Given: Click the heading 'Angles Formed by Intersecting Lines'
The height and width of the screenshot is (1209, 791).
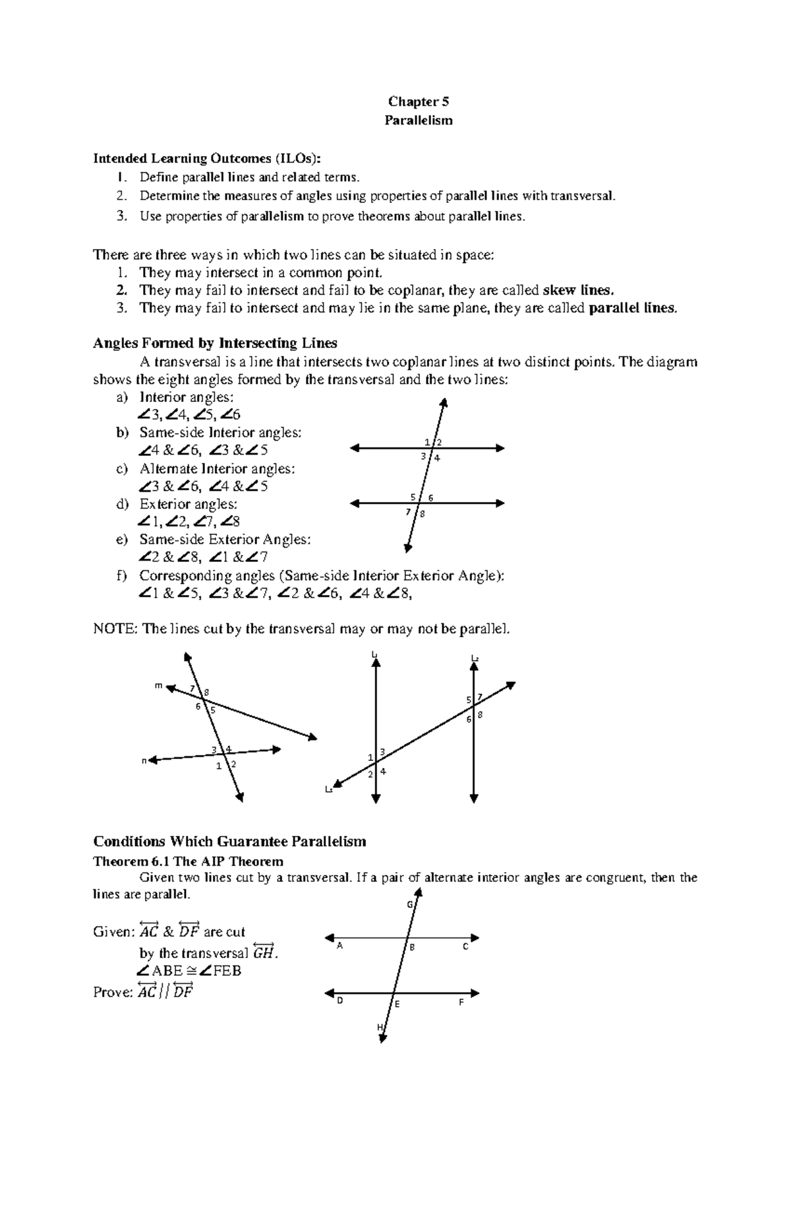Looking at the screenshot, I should pos(215,343).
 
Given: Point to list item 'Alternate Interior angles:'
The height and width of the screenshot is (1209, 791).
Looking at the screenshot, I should pos(217,468).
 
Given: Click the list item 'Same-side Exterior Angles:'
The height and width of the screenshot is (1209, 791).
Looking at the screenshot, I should pos(224,540).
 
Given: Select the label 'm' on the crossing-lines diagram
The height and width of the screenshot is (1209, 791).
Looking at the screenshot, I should pos(158,685).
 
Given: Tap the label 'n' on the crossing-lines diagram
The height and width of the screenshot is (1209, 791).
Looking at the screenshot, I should pos(144,761).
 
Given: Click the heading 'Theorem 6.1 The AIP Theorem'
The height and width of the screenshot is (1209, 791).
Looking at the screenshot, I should pos(188,862).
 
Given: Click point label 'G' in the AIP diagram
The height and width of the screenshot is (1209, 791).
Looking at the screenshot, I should pos(409,905).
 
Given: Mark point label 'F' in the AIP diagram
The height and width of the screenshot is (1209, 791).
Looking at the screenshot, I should pos(461,1002).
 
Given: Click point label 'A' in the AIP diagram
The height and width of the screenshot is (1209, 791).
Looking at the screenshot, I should pos(340,946).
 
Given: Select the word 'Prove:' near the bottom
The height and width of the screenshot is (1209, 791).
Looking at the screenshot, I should pos(113,992).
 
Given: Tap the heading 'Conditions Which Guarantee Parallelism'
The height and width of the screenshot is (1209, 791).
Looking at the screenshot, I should pos(229,842).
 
